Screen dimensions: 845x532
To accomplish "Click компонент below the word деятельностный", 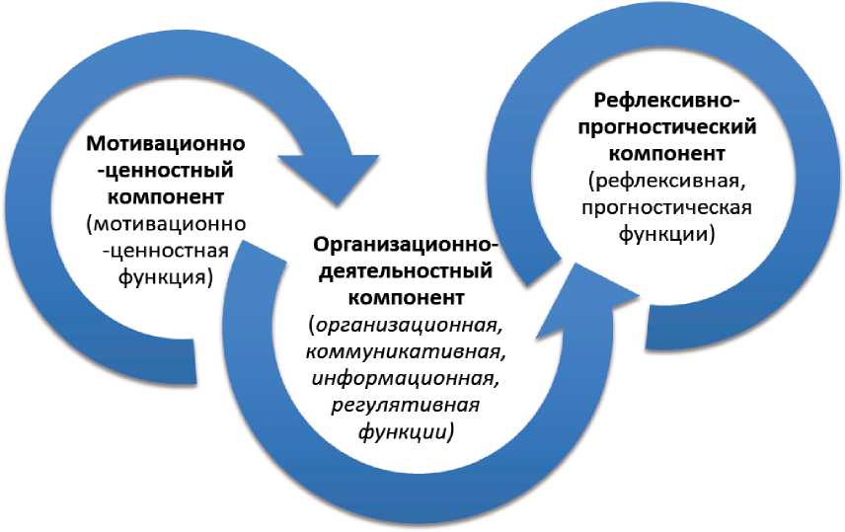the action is point(406,294).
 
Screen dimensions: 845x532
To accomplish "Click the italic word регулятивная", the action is point(407,405).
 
